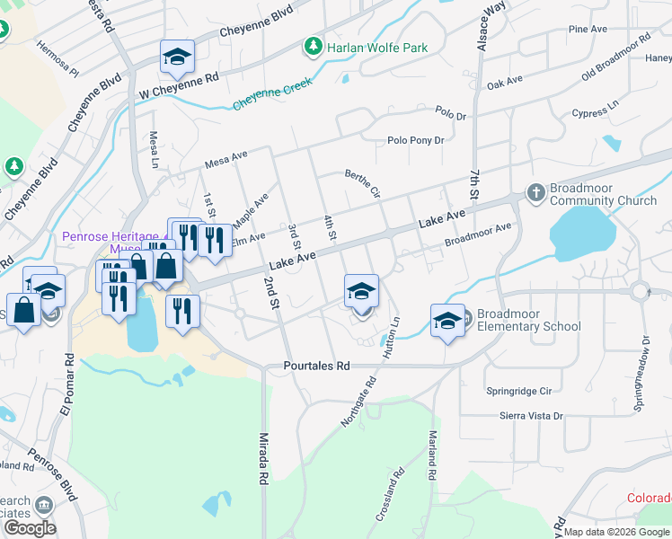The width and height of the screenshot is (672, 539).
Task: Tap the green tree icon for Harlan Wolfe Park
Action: [313, 46]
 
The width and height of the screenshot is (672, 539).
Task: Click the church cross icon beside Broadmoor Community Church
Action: [535, 193]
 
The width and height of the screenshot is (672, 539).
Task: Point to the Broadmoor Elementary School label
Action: [528, 320]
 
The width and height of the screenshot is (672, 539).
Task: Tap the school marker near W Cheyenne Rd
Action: [178, 57]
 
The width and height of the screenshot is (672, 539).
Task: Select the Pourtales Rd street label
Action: [315, 367]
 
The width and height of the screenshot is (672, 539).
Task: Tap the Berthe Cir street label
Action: [363, 182]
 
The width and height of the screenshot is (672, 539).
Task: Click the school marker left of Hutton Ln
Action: [362, 292]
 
